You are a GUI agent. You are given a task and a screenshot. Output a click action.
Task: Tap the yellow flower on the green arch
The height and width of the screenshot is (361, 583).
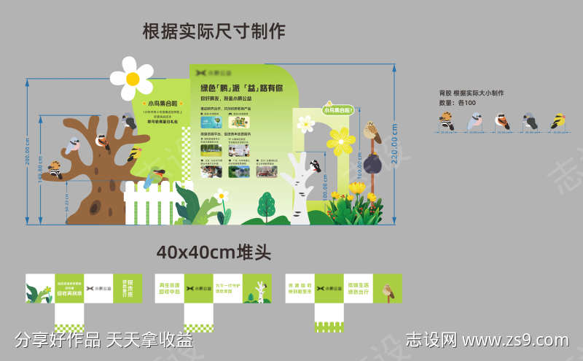pos(340,140)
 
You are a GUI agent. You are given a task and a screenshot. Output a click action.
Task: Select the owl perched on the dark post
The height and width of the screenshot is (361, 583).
pos(372,133)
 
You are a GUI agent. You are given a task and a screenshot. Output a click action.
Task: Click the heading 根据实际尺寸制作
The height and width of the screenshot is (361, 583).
pos(214,31)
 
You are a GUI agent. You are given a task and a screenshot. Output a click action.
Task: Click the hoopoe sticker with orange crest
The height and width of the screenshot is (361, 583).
pos(447,122)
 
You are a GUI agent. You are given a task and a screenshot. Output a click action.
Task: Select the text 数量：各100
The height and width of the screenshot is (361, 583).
pos(458,103)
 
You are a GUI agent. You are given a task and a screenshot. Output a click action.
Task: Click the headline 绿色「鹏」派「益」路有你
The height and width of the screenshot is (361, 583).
pos(241,88)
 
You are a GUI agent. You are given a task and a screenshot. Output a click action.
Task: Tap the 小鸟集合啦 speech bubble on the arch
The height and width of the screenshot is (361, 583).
pos(337,111)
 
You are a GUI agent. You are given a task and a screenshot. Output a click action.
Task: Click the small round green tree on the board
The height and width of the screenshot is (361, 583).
pos(267,205)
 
